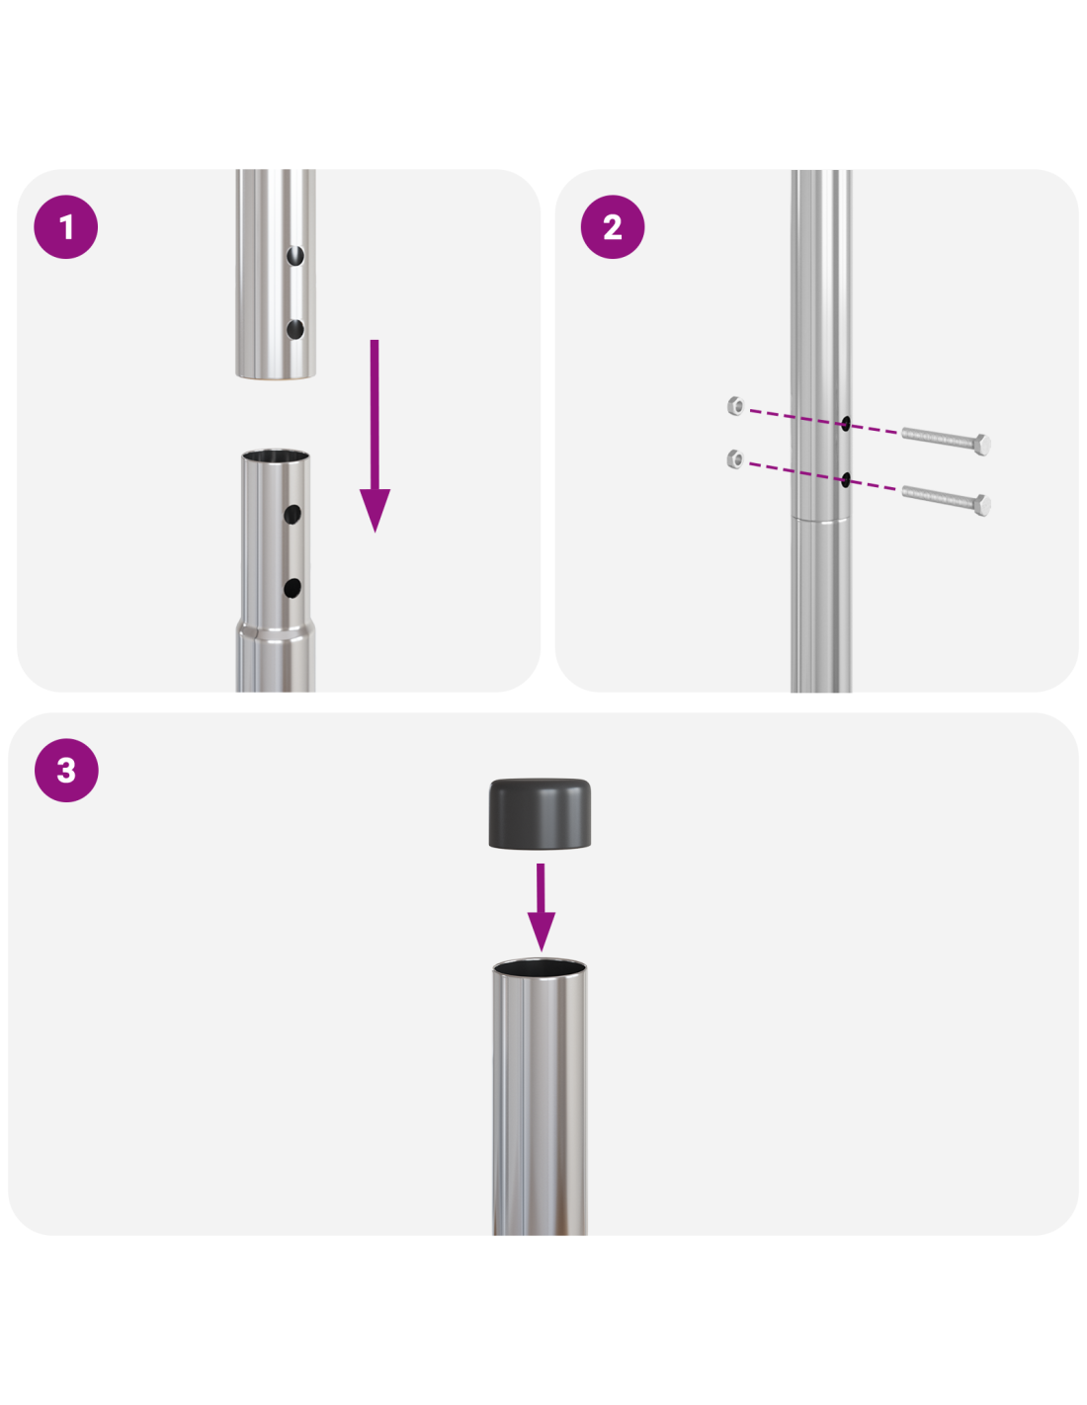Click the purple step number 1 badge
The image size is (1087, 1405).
click(65, 227)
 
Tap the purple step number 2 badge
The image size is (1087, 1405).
click(613, 227)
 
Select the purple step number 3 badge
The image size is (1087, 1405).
click(66, 770)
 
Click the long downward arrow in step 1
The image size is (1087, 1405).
click(375, 435)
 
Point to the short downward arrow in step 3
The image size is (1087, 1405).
click(541, 906)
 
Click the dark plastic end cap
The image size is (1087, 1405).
click(540, 813)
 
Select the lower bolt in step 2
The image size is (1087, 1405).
click(946, 500)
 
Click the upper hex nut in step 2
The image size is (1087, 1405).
click(735, 405)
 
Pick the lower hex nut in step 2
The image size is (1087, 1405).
click(735, 459)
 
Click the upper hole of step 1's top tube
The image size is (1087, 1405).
click(295, 255)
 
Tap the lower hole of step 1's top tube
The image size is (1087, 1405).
click(295, 329)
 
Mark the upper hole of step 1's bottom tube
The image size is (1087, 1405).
click(293, 515)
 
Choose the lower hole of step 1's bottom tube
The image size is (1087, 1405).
click(293, 588)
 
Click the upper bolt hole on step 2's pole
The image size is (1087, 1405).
click(845, 424)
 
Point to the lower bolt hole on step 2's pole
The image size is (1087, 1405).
click(845, 480)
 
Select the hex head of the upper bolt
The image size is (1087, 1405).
click(982, 445)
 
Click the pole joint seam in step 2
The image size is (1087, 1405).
click(820, 518)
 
